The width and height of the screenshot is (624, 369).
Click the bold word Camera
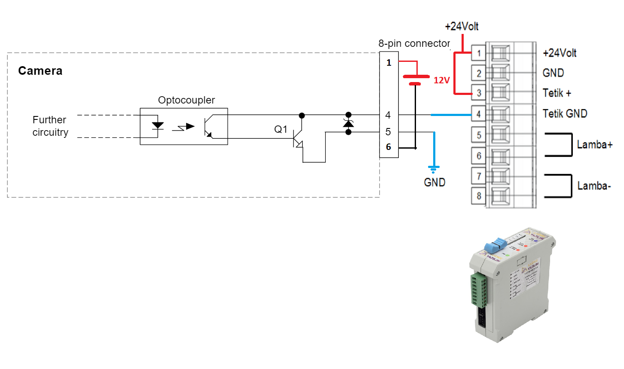pos(40,71)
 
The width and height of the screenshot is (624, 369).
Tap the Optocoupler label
pos(186,100)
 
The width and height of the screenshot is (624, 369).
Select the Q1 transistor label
pos(281,129)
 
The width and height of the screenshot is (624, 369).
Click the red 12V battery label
pos(441,80)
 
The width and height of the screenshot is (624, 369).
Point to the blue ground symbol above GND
pos(434,168)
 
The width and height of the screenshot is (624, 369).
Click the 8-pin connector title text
pos(414,43)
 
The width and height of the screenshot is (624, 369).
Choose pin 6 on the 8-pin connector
pos(388,147)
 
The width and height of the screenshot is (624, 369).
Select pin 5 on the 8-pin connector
pos(388,132)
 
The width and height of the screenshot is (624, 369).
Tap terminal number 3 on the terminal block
pos(479,93)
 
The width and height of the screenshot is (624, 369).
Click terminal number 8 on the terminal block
pos(479,196)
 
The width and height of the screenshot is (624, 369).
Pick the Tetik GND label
pos(565,114)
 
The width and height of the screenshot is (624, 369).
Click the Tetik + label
pos(557,93)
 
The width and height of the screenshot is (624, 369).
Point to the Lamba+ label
pos(594,145)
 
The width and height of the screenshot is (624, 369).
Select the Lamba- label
pos(594,186)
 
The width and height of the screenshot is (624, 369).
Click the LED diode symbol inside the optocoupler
pos(158,126)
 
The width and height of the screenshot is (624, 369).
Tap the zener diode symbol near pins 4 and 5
pos(349,124)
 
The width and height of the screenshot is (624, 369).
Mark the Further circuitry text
pos(50,126)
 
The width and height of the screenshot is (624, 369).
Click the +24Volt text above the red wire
pos(462,27)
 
